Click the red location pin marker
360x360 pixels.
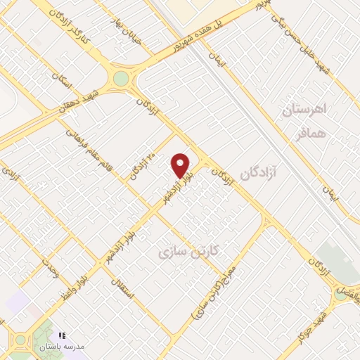181,166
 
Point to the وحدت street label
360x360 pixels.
50,268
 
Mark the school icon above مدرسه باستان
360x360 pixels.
61,336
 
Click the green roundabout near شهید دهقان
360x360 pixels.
122,78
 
